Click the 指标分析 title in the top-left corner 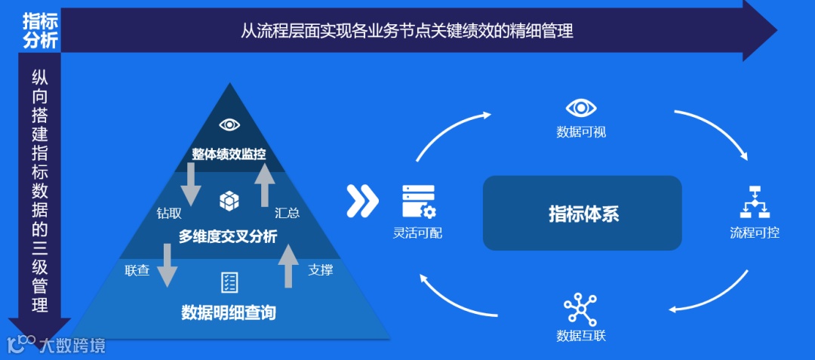point(40,31)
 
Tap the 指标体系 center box point(583,213)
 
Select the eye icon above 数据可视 point(581,109)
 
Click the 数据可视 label point(581,132)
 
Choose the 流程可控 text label point(754,232)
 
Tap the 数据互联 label point(580,335)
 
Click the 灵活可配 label point(418,232)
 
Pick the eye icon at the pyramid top point(229,125)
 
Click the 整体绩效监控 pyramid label point(229,154)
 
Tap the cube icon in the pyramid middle point(229,201)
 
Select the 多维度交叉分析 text point(228,237)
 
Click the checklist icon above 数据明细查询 point(229,282)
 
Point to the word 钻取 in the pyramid point(169,214)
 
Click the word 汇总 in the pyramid point(288,214)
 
